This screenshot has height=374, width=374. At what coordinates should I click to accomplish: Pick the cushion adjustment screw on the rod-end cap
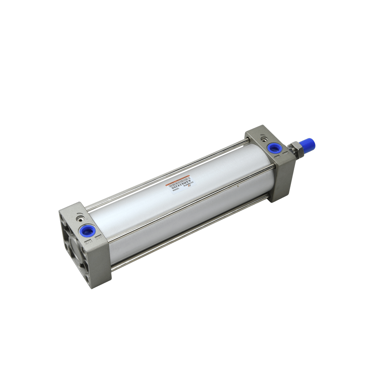coord(265,139)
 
